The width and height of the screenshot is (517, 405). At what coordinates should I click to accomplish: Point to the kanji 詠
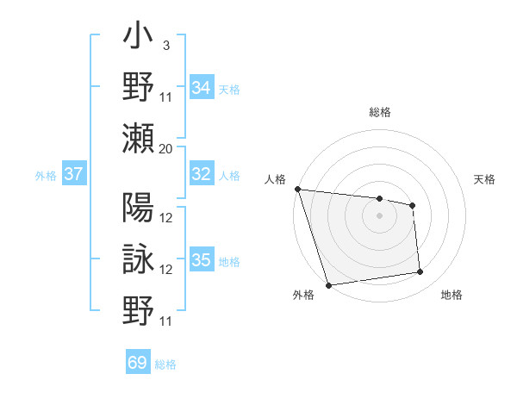(x=138, y=259)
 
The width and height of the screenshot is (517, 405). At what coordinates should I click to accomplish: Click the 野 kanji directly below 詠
(x=138, y=308)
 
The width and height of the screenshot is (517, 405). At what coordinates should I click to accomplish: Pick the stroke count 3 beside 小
(x=165, y=46)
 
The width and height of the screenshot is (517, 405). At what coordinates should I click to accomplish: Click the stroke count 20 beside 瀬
(x=166, y=148)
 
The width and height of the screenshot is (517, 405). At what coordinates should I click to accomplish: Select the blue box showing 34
(x=202, y=87)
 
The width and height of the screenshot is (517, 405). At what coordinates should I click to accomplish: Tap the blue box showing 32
(x=202, y=174)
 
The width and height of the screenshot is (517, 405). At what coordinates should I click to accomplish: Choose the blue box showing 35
(x=202, y=260)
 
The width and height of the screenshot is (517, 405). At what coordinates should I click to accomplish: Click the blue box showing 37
(x=73, y=174)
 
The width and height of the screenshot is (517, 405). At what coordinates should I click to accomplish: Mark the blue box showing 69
(x=138, y=363)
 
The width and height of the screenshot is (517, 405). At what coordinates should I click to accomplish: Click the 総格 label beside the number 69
(x=165, y=364)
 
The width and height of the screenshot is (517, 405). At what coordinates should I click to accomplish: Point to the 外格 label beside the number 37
(x=46, y=176)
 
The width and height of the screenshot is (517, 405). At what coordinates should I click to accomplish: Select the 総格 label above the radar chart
(x=379, y=112)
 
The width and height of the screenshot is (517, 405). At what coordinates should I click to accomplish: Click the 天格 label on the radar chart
(x=485, y=179)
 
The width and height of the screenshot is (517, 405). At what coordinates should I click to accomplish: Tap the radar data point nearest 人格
(x=297, y=189)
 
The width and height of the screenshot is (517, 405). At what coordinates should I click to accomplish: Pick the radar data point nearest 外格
(x=328, y=285)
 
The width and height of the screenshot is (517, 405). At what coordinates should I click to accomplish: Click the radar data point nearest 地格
(x=420, y=272)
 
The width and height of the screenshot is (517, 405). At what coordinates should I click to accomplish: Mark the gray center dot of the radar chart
(x=379, y=215)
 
